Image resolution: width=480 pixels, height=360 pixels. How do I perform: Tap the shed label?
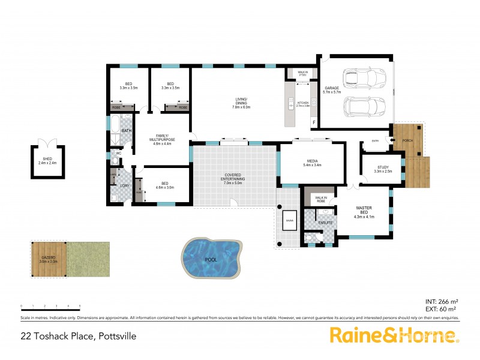(46, 159)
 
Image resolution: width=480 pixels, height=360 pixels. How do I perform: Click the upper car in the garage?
(362, 78)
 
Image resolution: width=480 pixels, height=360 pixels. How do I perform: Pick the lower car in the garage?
(362, 109)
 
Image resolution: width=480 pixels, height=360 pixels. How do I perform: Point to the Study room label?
(383, 169)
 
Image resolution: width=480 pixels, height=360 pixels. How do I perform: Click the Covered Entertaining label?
(233, 180)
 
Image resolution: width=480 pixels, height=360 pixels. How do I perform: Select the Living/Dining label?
(241, 103)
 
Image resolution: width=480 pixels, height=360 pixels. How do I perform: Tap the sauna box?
(290, 220)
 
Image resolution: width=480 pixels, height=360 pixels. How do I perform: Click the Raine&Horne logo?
(393, 335)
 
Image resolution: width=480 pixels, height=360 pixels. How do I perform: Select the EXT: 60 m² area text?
(442, 308)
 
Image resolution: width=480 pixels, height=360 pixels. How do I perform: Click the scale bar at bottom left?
(50, 306)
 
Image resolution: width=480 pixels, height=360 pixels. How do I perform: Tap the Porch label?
(408, 141)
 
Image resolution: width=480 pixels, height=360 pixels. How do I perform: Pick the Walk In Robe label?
(320, 199)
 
